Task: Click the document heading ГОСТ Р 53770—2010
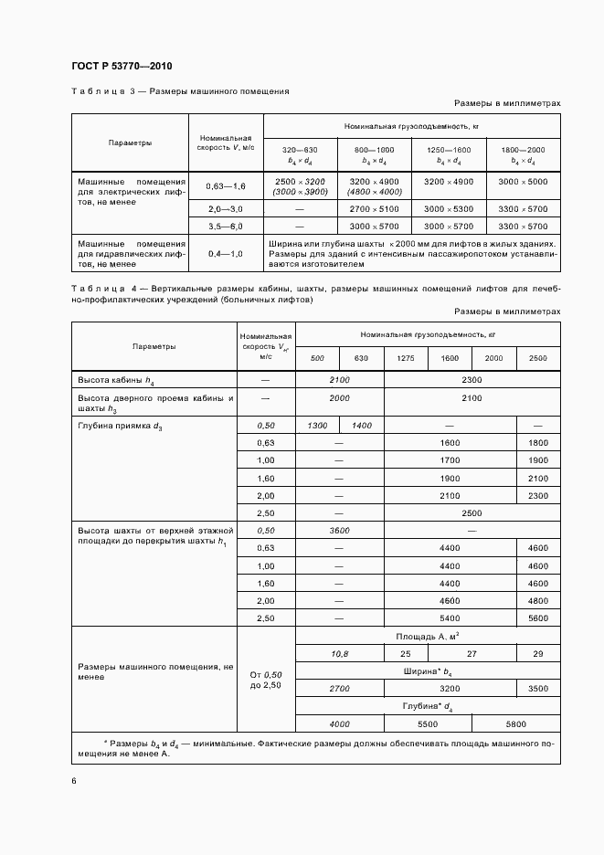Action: coord(121,67)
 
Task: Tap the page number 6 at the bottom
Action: coord(73,780)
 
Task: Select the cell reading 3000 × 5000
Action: coord(524,182)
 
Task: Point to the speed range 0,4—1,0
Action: coord(226,253)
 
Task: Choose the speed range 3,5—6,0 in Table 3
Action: coord(226,226)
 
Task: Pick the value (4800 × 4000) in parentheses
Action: coord(375,192)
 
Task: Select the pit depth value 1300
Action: coord(317,426)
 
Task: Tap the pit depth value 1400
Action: coord(362,426)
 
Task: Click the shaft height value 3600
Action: coord(339,530)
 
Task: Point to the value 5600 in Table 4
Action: coord(538,617)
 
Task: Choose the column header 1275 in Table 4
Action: coord(406,358)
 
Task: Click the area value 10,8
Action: coord(339,654)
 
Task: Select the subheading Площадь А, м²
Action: coord(427,636)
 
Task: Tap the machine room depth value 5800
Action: coord(515,723)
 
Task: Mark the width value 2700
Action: coord(339,689)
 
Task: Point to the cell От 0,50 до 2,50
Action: coord(265,679)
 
